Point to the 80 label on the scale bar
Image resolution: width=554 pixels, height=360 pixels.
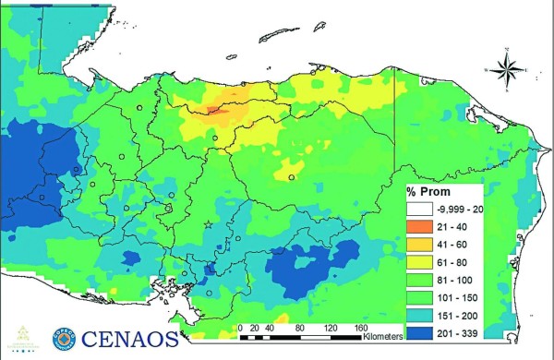coord(301,327)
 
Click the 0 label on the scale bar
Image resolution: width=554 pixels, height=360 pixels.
coord(240,327)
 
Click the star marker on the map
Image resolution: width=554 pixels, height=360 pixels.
coord(208,224)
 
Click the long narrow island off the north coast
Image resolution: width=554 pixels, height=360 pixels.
coord(283,36)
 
